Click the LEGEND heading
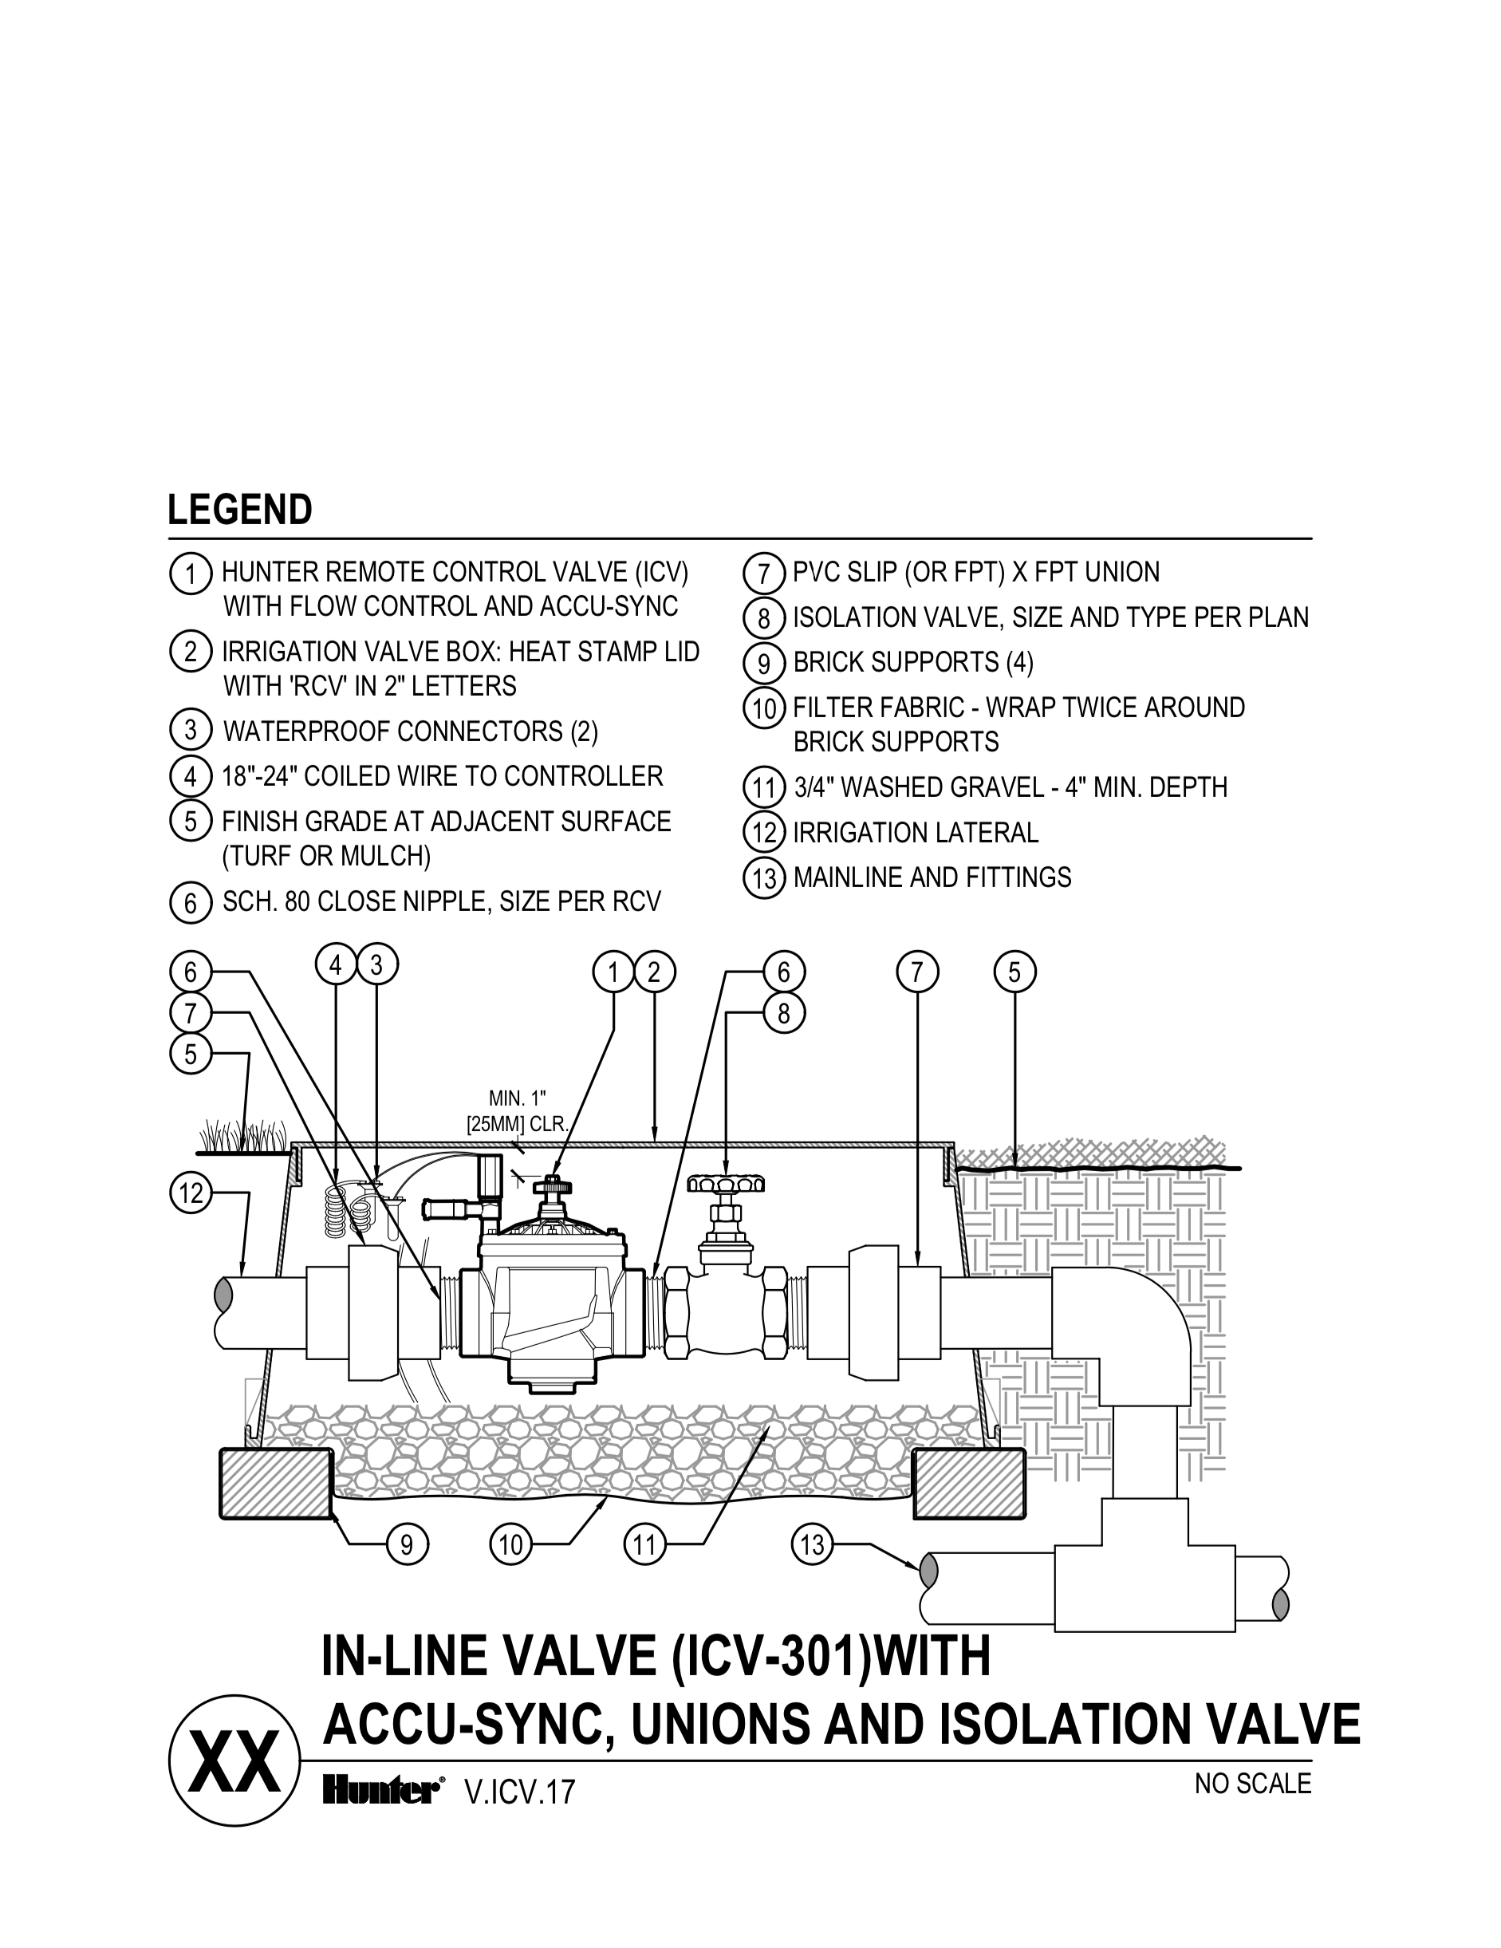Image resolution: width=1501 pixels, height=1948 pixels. click(239, 511)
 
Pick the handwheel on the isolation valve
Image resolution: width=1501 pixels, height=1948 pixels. click(727, 1185)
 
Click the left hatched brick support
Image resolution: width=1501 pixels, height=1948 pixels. click(274, 1485)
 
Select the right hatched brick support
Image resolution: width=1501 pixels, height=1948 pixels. click(968, 1485)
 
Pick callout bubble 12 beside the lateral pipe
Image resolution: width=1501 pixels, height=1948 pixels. click(191, 1193)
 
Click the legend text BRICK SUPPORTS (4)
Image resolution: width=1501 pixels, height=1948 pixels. click(912, 663)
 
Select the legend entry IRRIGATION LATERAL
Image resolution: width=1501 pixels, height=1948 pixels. click(915, 833)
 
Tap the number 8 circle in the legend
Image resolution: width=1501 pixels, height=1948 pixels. click(764, 618)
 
